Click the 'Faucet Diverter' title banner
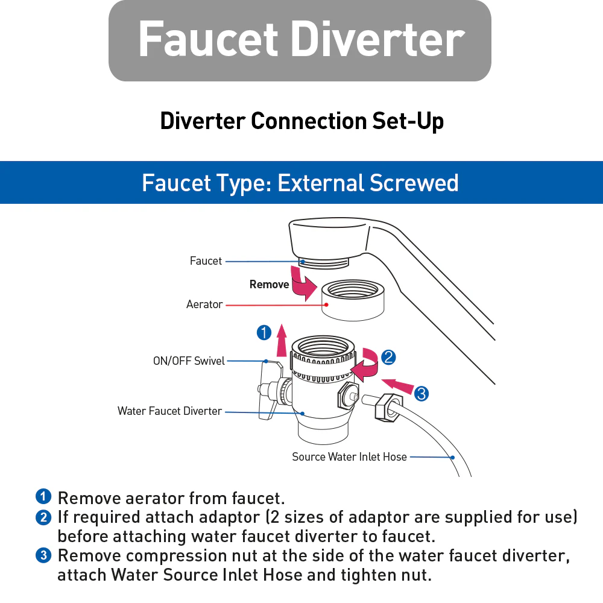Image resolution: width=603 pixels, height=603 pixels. pos(300,40)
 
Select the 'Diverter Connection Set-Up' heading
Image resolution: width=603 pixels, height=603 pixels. pos(301,121)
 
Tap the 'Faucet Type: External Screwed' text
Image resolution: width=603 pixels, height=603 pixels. pos(300,183)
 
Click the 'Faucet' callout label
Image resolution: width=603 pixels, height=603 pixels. pos(206,261)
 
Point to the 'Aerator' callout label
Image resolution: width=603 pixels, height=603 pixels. pos(204,305)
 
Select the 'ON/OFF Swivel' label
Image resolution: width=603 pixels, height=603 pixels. pos(189,361)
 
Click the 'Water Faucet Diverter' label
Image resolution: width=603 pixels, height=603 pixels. pos(170,411)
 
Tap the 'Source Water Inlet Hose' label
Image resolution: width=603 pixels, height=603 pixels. pos(349,457)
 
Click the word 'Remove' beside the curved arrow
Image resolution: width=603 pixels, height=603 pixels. pos(269,285)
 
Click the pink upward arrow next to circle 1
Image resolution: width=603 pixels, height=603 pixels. pos(282,341)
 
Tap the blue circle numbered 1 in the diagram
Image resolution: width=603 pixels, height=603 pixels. pos(264,332)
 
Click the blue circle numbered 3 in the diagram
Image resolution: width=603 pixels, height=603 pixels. pos(421,394)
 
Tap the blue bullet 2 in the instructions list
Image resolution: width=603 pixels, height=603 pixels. pos(43,517)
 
